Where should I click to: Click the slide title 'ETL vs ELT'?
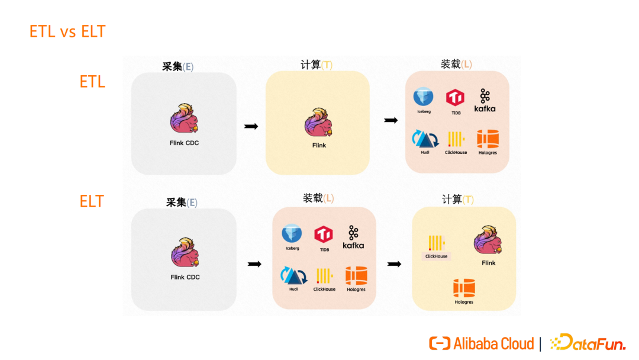click(x=67, y=31)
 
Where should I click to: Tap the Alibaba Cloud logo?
click(x=481, y=343)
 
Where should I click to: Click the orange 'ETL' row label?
click(x=92, y=82)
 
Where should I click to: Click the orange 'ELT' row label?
click(x=92, y=201)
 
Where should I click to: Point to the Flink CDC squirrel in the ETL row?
click(x=184, y=119)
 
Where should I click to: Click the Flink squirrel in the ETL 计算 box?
click(x=319, y=123)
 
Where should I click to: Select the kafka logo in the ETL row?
click(x=485, y=101)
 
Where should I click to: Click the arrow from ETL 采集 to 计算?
click(x=251, y=126)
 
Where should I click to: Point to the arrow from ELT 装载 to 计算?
click(x=393, y=264)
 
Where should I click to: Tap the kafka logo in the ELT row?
click(x=353, y=237)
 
